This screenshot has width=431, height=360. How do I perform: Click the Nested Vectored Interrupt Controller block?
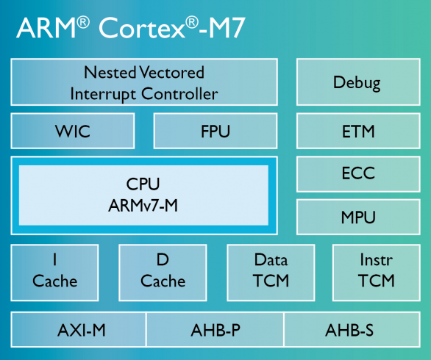144,83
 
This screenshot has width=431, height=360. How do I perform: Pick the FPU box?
215,132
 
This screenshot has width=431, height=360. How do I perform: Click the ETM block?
357,132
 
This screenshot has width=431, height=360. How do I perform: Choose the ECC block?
357,174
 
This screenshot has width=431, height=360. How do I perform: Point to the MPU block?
357,217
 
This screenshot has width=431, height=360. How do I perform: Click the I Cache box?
54,272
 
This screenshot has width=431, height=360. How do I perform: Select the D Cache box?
163,272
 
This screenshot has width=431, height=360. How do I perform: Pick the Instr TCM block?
377,272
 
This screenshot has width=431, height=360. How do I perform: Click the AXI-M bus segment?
81,331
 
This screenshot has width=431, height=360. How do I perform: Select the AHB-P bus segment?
215,331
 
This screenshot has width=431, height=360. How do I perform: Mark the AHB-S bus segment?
349,331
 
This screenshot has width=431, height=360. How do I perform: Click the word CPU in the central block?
143,183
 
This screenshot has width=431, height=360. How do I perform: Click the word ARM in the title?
46,29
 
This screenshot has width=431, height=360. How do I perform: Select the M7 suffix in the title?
222,29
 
